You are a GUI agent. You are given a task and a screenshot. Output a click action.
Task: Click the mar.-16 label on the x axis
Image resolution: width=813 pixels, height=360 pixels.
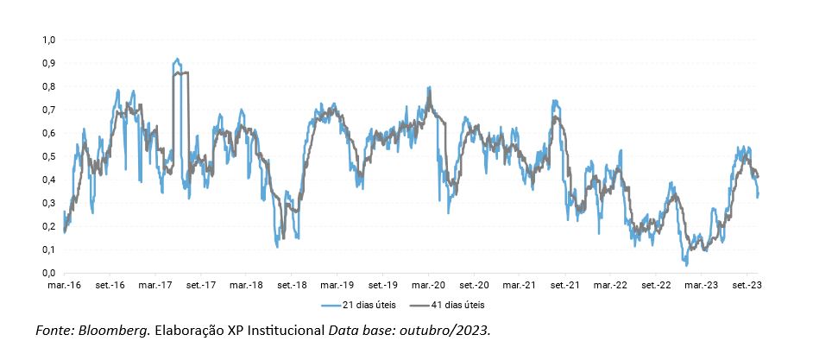pos(64,285)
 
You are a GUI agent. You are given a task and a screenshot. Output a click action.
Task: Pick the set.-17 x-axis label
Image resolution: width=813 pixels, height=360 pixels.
pos(201,285)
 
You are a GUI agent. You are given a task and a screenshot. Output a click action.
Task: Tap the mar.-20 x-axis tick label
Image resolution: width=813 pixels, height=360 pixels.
pos(429,285)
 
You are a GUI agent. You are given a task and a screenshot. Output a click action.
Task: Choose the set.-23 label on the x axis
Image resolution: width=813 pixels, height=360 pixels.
pos(747,285)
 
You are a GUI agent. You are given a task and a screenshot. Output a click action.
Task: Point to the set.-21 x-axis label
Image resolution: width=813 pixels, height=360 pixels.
pos(565,285)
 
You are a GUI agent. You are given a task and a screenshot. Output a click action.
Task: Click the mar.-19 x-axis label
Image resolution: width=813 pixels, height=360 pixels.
pos(337,285)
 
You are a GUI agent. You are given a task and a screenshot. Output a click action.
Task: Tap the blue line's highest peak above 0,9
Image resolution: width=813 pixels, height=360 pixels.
pos(176,60)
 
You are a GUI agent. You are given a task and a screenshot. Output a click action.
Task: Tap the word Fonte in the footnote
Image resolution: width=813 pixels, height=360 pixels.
pos(54,331)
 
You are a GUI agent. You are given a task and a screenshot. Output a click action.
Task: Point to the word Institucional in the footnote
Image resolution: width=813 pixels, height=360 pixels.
pos(286,331)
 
